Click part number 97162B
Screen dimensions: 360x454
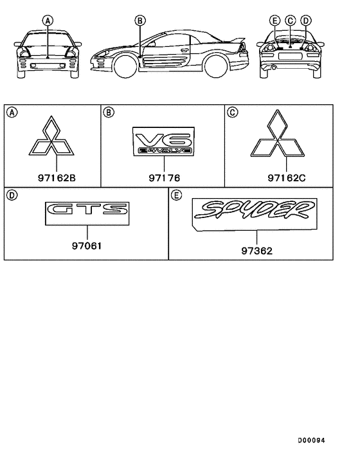pos(57,177)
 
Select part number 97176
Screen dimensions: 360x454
pos(164,177)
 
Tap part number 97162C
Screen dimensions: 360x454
pos(287,177)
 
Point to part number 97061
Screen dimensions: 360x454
pos(87,246)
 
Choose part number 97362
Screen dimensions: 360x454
pos(256,251)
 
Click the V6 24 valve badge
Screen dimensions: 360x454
pos(163,141)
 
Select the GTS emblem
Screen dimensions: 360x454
pos(87,213)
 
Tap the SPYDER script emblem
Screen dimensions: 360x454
pos(255,214)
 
